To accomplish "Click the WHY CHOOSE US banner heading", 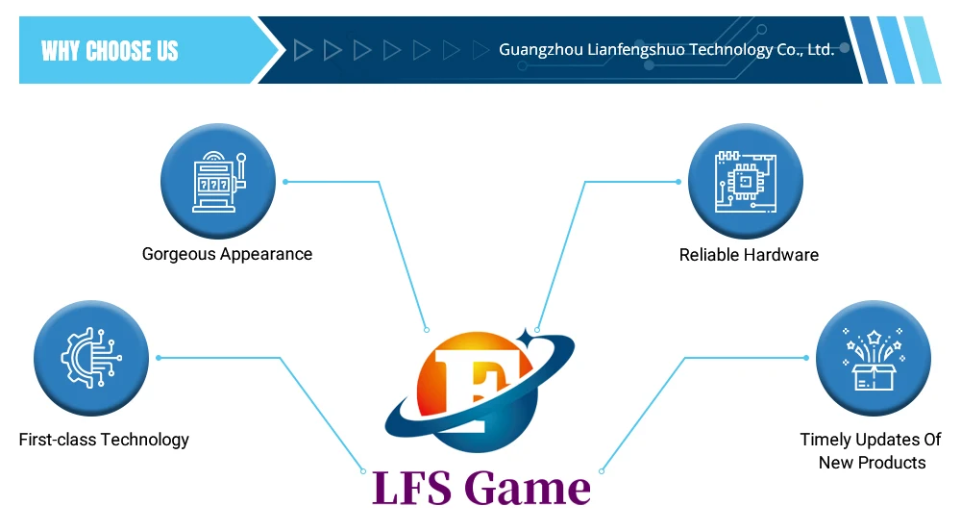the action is coord(110,51).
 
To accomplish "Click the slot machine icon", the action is coord(219,182).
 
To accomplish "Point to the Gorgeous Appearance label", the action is coord(227,255).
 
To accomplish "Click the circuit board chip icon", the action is coord(746,182).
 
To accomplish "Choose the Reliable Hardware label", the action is coord(749,255).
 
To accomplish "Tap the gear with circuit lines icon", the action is coord(90,358).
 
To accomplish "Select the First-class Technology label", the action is coord(104,440).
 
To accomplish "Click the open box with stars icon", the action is coord(874,360).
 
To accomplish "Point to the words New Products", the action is coord(873,463).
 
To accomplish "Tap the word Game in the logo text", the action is coord(527,489).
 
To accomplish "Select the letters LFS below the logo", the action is coord(412,489).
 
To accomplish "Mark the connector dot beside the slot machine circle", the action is coord(285,182).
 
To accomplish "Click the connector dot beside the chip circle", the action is coord(678,182).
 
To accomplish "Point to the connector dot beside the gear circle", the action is coord(159,358).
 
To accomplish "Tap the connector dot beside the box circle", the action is coord(806,358).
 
